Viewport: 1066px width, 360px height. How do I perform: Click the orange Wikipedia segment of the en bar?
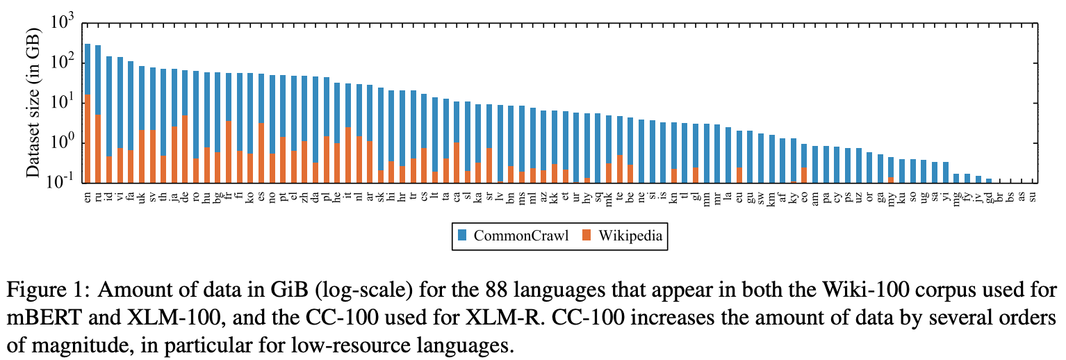(x=88, y=139)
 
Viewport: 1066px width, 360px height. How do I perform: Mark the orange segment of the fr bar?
(x=229, y=152)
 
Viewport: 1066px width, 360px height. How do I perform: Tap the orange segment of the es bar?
(x=261, y=154)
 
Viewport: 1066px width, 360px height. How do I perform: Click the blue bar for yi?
(x=946, y=173)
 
